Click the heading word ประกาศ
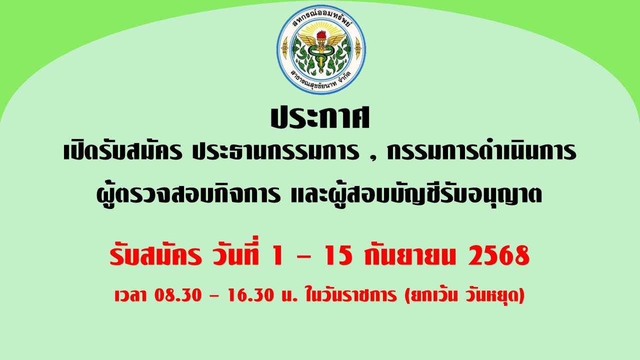tap(320, 118)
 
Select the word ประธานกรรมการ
tap(275, 151)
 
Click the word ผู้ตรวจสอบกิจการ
tap(188, 194)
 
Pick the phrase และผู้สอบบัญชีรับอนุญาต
tap(416, 194)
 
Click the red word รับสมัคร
tap(155, 255)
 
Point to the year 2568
tap(498, 255)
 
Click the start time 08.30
tap(178, 295)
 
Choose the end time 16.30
tap(251, 295)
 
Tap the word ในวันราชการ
tap(351, 294)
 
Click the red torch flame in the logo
tap(321, 35)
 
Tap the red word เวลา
tap(130, 295)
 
